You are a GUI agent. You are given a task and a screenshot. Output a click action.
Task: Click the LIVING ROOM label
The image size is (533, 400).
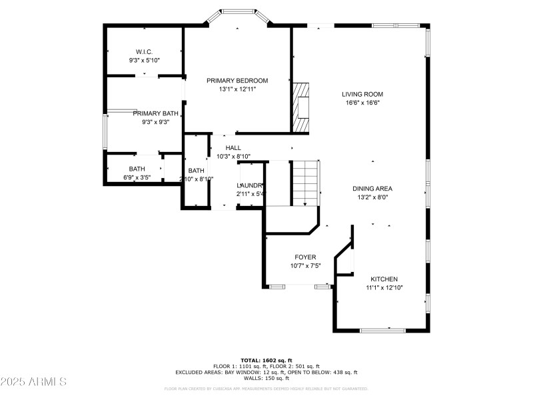(363, 94)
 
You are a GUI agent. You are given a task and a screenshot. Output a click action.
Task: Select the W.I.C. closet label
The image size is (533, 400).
(144, 51)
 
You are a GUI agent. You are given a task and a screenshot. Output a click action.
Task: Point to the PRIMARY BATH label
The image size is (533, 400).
(155, 113)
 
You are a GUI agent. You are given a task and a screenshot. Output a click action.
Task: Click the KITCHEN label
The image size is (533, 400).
(384, 279)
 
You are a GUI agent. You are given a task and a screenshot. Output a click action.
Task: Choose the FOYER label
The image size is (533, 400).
(305, 257)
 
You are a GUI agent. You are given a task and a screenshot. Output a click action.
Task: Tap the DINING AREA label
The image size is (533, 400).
(372, 188)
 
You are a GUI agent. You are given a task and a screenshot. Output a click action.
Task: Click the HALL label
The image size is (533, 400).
(233, 147)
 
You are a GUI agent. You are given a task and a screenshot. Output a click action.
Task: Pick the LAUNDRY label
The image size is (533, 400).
(251, 185)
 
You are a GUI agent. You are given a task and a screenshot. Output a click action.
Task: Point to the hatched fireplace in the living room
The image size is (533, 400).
(302, 107)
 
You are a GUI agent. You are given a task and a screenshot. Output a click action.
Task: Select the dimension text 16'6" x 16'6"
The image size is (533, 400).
(363, 103)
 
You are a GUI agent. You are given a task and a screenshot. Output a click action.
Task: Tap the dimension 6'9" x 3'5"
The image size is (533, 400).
(137, 177)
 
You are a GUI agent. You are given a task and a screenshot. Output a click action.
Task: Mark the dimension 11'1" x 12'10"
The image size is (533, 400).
(384, 287)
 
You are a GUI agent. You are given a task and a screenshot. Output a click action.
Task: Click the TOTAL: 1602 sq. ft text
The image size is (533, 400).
(266, 360)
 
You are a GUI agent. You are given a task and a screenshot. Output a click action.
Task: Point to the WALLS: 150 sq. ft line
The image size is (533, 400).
(266, 378)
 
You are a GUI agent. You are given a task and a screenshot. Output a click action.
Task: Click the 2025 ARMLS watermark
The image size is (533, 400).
(33, 382)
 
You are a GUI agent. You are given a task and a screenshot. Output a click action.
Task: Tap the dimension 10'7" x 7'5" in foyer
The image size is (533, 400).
(305, 265)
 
